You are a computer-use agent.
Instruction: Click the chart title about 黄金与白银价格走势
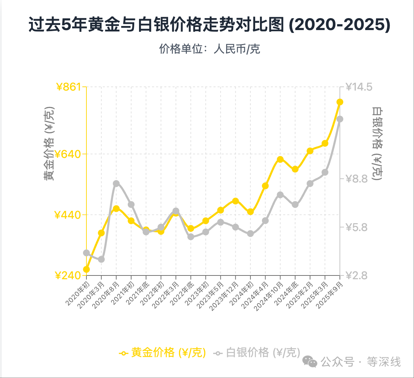209,25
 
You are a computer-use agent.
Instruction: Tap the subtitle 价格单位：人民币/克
209,49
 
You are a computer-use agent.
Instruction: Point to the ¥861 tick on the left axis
69,87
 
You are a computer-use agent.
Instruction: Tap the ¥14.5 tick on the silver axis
359,87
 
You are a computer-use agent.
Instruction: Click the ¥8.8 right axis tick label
357,178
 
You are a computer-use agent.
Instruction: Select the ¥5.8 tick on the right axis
357,227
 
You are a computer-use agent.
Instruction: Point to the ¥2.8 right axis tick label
357,275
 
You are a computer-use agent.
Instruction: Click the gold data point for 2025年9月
340,102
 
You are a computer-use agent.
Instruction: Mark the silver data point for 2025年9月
340,119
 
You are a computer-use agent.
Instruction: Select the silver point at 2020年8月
116,184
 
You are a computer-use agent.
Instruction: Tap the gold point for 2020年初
86,269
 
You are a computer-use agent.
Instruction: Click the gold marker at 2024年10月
280,159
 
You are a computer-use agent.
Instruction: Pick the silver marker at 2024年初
250,233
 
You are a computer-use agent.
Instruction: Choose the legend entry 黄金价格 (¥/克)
163,352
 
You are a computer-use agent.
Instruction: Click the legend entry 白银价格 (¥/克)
257,352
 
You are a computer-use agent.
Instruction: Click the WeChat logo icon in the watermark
310,361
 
